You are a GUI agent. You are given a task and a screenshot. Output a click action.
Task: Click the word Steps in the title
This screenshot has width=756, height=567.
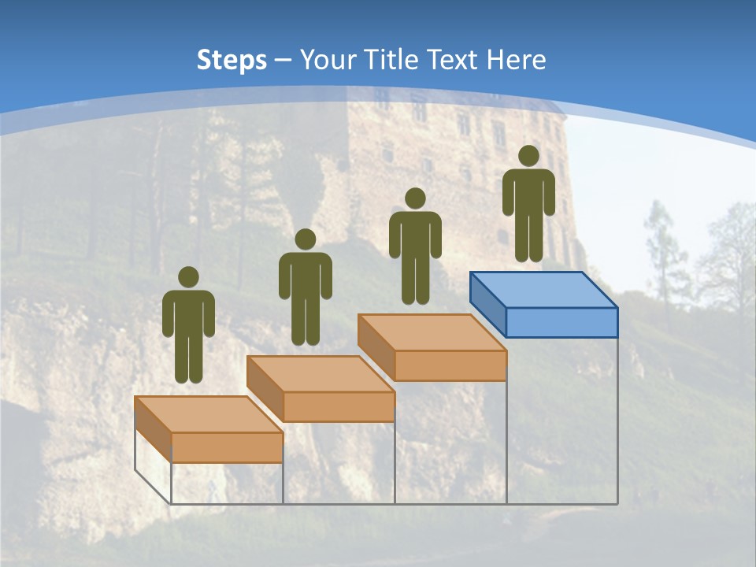click(232, 60)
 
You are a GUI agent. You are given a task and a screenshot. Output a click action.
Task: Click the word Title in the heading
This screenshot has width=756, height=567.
click(389, 60)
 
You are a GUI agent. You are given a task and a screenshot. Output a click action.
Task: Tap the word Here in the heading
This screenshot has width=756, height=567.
click(515, 60)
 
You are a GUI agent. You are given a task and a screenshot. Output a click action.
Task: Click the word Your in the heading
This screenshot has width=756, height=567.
click(329, 60)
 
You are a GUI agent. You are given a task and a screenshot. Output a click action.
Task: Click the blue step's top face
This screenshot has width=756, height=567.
click(543, 289)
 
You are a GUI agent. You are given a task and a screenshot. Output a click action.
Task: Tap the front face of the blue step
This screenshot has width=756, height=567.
click(561, 322)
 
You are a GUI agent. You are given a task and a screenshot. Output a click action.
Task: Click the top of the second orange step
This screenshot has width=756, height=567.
click(320, 373)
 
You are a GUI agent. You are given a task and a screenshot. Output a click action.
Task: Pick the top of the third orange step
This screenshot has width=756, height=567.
click(432, 332)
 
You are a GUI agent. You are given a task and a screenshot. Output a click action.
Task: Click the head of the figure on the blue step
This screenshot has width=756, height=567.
click(528, 155)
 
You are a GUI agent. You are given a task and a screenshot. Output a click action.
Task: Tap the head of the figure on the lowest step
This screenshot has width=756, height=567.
click(188, 277)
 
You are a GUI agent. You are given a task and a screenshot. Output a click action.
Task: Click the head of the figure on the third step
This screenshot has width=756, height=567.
click(415, 198)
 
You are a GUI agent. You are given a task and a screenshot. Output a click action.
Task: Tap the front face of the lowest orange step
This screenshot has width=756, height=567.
click(227, 447)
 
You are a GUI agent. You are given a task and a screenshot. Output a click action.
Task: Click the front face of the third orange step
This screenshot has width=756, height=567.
click(450, 365)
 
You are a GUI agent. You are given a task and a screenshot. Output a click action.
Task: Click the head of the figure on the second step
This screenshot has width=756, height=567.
click(306, 239)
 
